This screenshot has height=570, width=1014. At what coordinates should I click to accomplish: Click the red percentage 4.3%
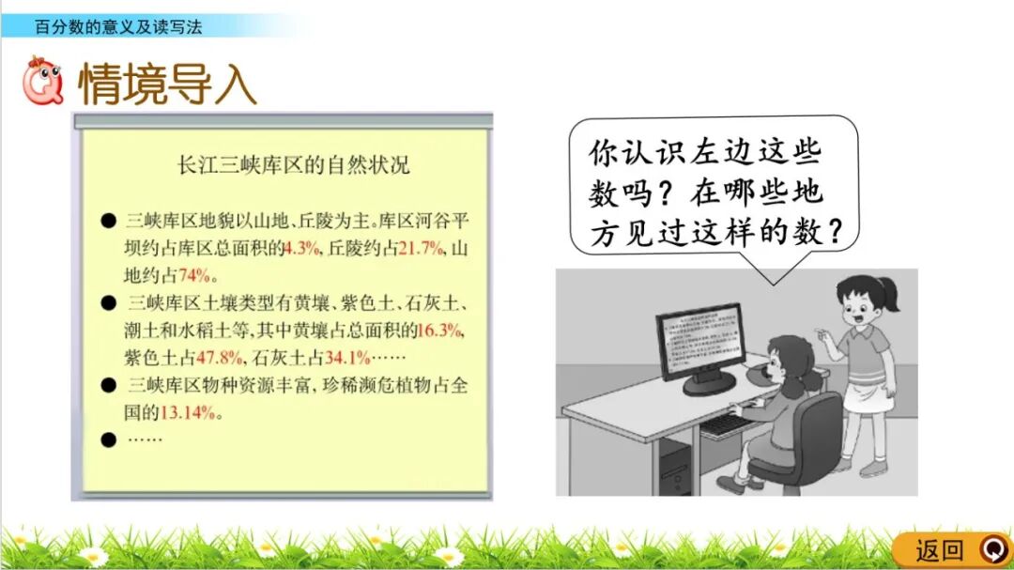point(302,249)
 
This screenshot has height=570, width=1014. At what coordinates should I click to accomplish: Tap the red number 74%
point(197,276)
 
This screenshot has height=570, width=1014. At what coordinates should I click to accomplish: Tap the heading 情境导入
point(167,85)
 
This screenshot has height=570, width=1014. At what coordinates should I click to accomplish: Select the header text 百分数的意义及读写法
point(117,26)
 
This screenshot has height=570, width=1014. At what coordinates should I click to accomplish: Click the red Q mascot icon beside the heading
point(43,82)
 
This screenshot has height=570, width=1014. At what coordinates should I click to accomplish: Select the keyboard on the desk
point(728,424)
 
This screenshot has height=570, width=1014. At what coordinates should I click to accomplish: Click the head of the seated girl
point(791,362)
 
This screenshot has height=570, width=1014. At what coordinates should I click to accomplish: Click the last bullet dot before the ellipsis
point(109,439)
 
